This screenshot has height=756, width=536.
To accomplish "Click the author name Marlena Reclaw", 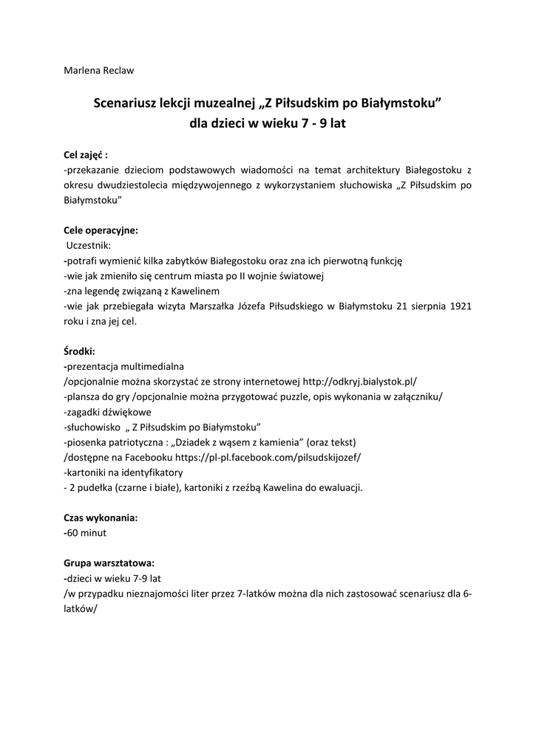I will tap(98, 71).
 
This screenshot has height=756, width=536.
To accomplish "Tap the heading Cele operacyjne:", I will tap(101, 230).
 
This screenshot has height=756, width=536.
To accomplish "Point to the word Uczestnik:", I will tap(89, 246).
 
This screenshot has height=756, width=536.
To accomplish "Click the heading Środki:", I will tap(80, 351).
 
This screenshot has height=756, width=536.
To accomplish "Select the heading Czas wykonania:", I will tap(101, 518).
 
